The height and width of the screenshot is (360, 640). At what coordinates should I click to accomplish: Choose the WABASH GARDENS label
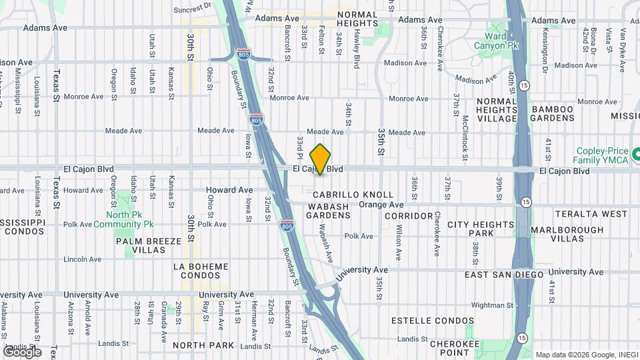pyautogui.click(x=329, y=211)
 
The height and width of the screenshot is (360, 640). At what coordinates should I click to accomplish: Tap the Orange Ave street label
pyautogui.click(x=381, y=205)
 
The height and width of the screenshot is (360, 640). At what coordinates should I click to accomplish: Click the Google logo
pyautogui.click(x=22, y=352)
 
